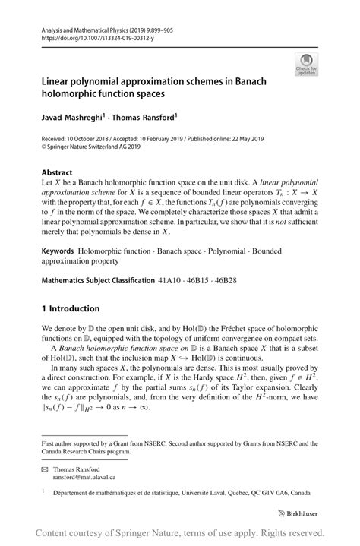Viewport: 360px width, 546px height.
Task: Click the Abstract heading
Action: tap(58, 172)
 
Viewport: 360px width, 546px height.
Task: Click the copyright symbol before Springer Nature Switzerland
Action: tap(45, 149)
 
